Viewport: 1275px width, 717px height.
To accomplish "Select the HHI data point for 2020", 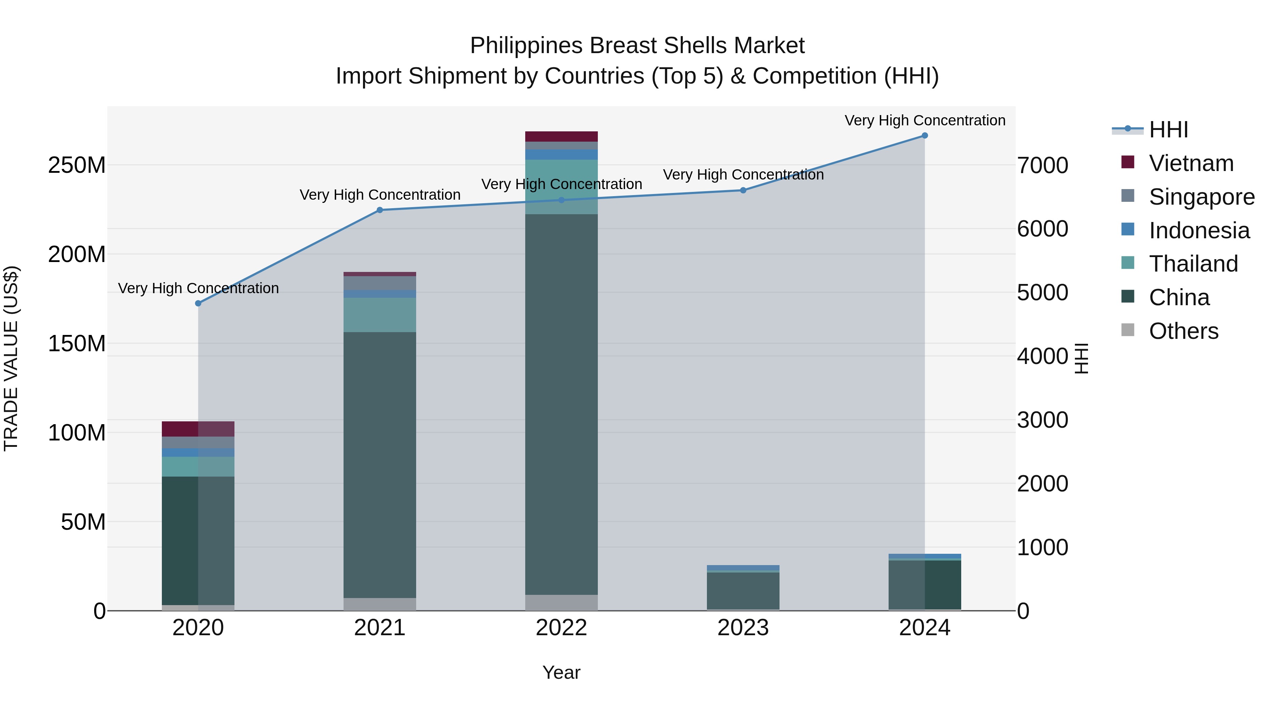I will (x=198, y=303).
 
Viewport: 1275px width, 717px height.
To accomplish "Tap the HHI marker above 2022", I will (x=561, y=200).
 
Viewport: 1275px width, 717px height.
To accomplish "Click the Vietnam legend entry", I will (x=1191, y=163).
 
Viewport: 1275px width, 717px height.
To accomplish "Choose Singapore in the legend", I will (x=1201, y=197).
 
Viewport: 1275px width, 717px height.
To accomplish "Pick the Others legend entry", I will (x=1183, y=331).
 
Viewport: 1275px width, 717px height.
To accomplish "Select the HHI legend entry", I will (x=1168, y=130).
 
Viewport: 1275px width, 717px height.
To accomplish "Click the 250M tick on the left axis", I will (x=77, y=165).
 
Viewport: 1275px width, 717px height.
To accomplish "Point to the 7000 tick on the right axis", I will (x=1042, y=165).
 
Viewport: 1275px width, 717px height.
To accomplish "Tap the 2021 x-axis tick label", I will (x=380, y=628).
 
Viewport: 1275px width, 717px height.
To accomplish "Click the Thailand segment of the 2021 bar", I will (x=380, y=315).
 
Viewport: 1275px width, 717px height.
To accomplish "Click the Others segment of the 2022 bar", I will (x=561, y=602).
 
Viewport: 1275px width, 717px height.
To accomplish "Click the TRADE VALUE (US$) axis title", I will (x=11, y=358).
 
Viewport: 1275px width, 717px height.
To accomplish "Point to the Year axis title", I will (x=561, y=672).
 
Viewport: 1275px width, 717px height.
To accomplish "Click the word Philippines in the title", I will (x=526, y=46).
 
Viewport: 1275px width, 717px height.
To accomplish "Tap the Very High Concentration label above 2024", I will (x=925, y=120).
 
